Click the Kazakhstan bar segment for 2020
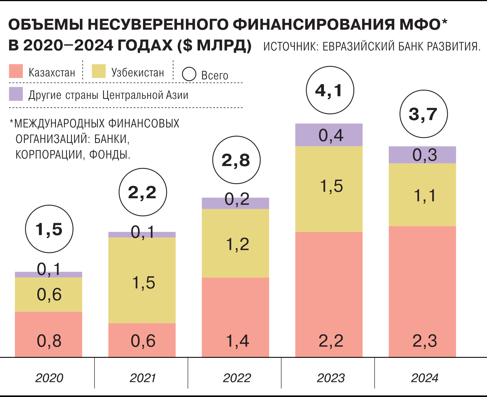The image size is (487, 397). coord(49,334)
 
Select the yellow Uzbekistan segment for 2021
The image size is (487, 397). coord(142,280)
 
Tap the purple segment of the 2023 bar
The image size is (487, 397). coord(329,135)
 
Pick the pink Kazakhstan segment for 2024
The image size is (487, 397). coord(422,291)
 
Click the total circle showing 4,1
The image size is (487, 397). coord(330,90)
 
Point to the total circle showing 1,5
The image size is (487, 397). coord(49,229)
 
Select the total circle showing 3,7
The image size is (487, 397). coord(423,114)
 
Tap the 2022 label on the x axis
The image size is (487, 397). coord(237,378)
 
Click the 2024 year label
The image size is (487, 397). coord(425,378)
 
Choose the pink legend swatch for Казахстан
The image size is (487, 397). coord(16,71)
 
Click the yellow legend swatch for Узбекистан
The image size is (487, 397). coord(99,71)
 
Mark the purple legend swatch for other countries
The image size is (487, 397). coord(16,94)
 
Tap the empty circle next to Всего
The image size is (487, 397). coord(189,74)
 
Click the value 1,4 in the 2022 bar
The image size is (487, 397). coord(237,341)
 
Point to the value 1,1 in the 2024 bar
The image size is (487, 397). coord(425,195)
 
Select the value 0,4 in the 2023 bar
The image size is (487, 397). coord(331,135)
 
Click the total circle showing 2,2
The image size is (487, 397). coord(143,192)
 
